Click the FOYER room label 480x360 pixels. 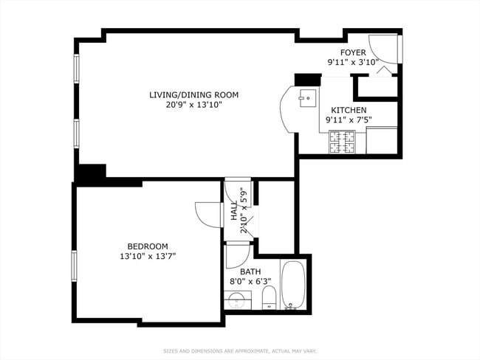point(352,52)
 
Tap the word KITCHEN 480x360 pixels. point(348,110)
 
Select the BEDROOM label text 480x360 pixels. point(148,246)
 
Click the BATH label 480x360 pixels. point(250,271)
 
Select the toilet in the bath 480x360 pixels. point(269,299)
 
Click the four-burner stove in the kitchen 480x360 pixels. point(342,141)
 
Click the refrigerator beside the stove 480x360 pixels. point(382,140)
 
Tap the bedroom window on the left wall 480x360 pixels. point(74,266)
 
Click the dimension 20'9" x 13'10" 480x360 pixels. point(194,105)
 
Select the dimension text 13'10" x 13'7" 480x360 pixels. point(148,256)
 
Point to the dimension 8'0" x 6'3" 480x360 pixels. point(250,281)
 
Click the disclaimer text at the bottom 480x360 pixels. point(239,350)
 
